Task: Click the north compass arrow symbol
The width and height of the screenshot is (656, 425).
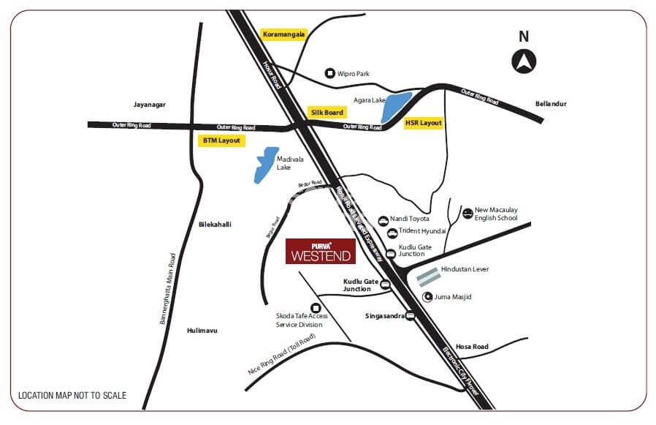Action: coord(525,61)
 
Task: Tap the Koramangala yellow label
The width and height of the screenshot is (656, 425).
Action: coord(283,34)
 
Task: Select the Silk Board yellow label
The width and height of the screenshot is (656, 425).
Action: coord(327,113)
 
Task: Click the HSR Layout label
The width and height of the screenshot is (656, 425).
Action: coord(424,123)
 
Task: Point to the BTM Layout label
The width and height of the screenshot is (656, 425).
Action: coord(221,139)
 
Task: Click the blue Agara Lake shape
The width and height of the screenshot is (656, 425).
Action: coord(395,108)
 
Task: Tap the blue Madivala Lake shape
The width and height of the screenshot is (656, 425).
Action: coord(265,165)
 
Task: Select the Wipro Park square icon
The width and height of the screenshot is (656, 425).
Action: coord(329,73)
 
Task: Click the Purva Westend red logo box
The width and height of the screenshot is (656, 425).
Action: coord(320,251)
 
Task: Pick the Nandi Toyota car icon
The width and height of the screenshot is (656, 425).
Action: coord(383,219)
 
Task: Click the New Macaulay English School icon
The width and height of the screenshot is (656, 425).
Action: coord(468,214)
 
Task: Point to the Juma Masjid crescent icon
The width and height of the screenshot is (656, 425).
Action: coord(427,297)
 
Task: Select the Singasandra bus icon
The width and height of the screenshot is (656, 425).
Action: coord(410,316)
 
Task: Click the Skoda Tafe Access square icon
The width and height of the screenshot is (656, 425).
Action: coord(316,308)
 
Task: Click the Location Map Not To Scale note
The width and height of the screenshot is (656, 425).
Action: coord(72,396)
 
